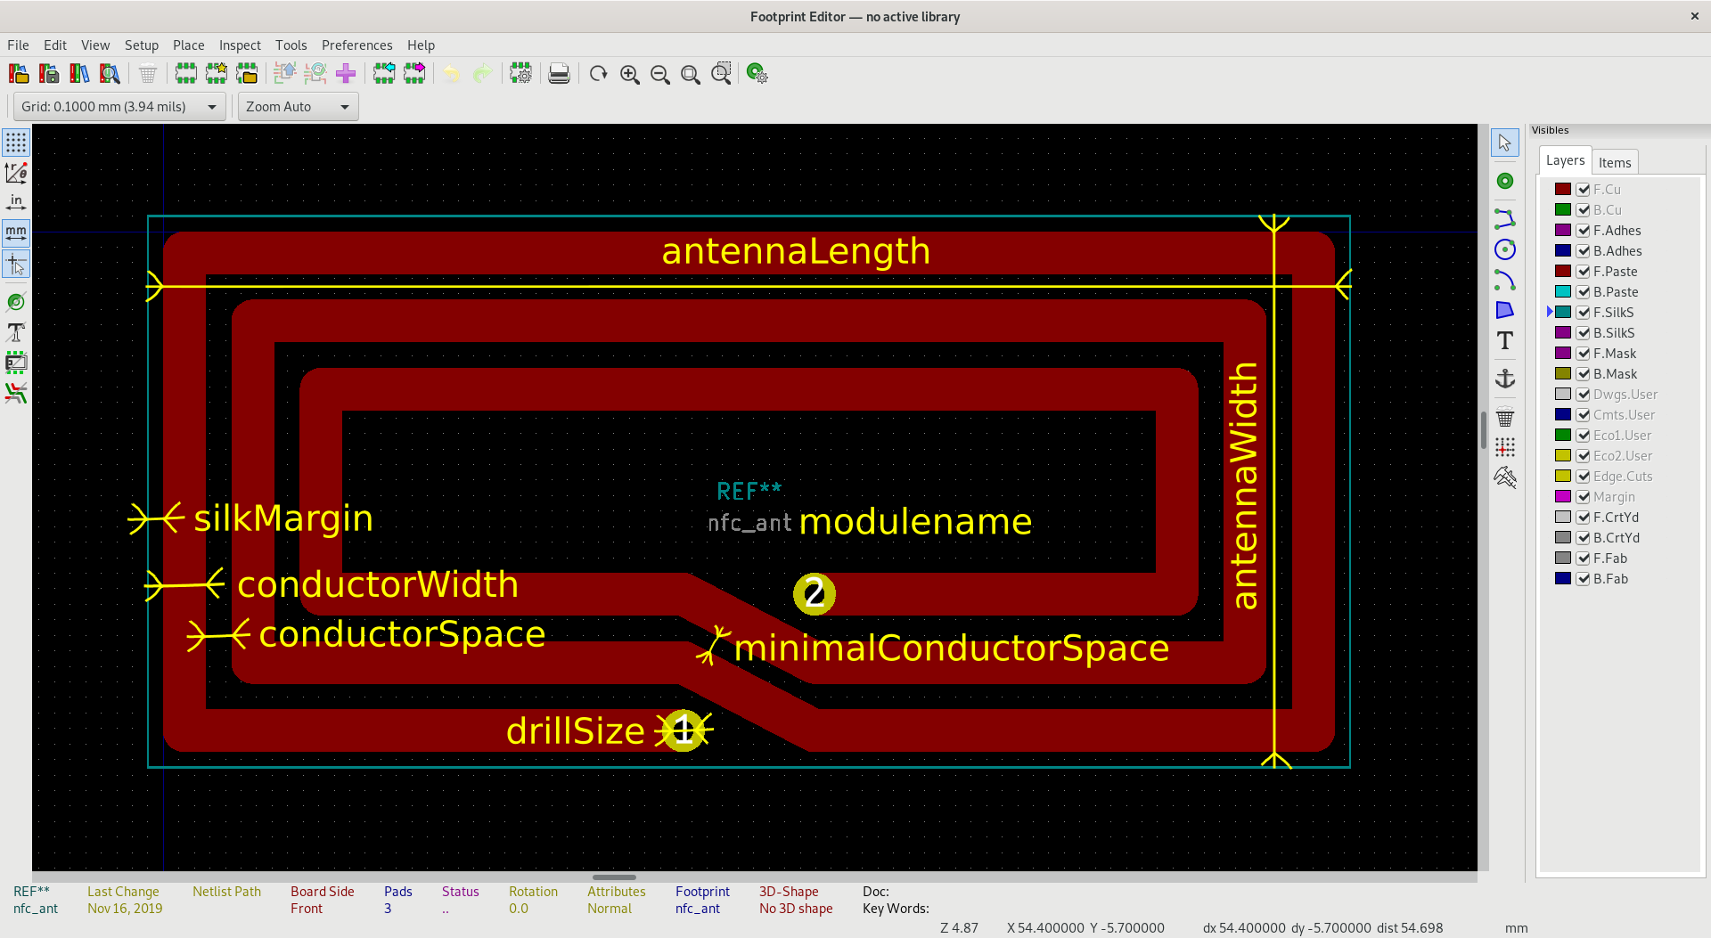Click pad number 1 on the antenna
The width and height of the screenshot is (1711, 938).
click(x=684, y=730)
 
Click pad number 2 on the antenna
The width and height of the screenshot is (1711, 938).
click(x=814, y=594)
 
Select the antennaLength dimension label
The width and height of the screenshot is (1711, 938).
click(x=795, y=251)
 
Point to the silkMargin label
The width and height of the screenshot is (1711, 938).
click(x=282, y=518)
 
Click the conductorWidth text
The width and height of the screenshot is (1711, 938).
click(x=377, y=585)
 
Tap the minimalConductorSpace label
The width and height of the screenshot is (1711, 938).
click(x=951, y=648)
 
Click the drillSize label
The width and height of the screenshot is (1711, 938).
click(x=575, y=731)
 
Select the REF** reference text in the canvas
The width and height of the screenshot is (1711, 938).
click(x=749, y=491)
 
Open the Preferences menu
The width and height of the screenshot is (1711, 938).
click(x=356, y=45)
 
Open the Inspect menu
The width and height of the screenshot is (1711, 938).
click(x=240, y=45)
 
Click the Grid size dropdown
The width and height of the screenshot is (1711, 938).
click(x=119, y=107)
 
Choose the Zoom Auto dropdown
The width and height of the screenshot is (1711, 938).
click(x=298, y=107)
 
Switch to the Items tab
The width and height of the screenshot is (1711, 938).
click(x=1614, y=162)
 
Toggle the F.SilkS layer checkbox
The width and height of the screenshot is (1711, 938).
click(x=1583, y=313)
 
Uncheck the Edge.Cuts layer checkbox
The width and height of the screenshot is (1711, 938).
click(x=1583, y=477)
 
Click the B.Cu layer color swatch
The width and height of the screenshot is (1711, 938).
click(x=1562, y=210)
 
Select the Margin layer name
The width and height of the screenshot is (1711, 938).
click(x=1614, y=497)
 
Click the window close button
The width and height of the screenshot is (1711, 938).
click(x=1694, y=16)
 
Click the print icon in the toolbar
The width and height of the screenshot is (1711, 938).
click(x=559, y=74)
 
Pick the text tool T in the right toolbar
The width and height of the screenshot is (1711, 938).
click(x=1504, y=340)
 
